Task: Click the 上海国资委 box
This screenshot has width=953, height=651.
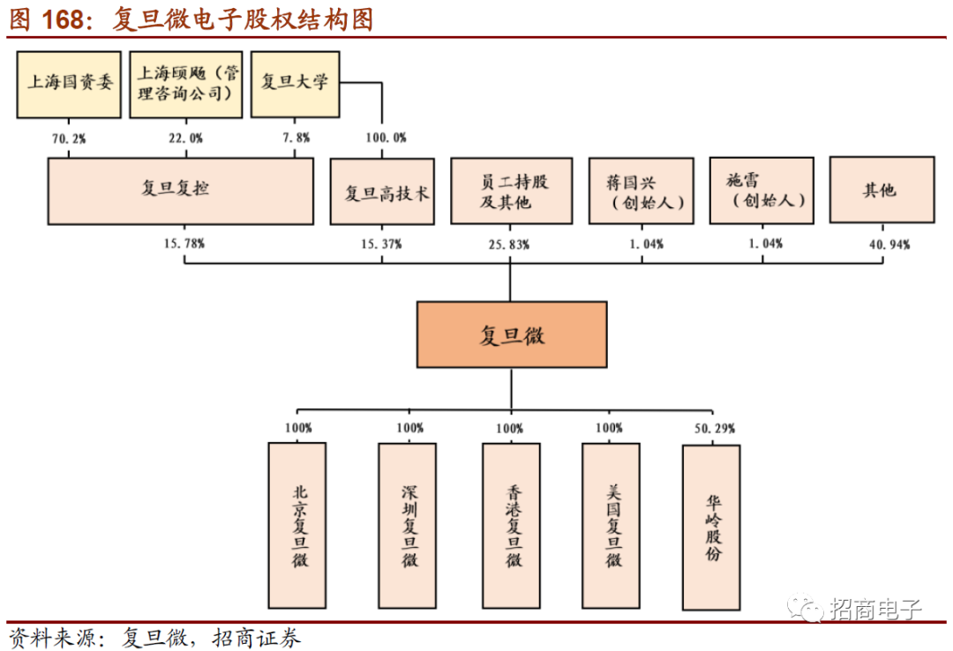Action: point(69,84)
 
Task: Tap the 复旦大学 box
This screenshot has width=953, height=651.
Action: point(296,84)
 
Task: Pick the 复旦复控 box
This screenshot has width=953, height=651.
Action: point(180,191)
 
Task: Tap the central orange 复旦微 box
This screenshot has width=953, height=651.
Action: point(512,334)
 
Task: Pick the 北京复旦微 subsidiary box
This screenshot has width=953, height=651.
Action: point(297,525)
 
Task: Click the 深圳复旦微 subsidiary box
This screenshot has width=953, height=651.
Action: point(407,525)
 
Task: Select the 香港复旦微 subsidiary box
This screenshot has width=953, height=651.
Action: point(511,525)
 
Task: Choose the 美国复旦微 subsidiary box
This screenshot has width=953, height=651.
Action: point(611,525)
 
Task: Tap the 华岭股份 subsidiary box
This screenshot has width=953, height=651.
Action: point(711,527)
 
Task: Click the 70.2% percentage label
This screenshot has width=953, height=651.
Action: point(69,138)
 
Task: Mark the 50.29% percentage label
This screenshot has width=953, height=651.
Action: point(714,429)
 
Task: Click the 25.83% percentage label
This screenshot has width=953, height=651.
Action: point(509,244)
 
